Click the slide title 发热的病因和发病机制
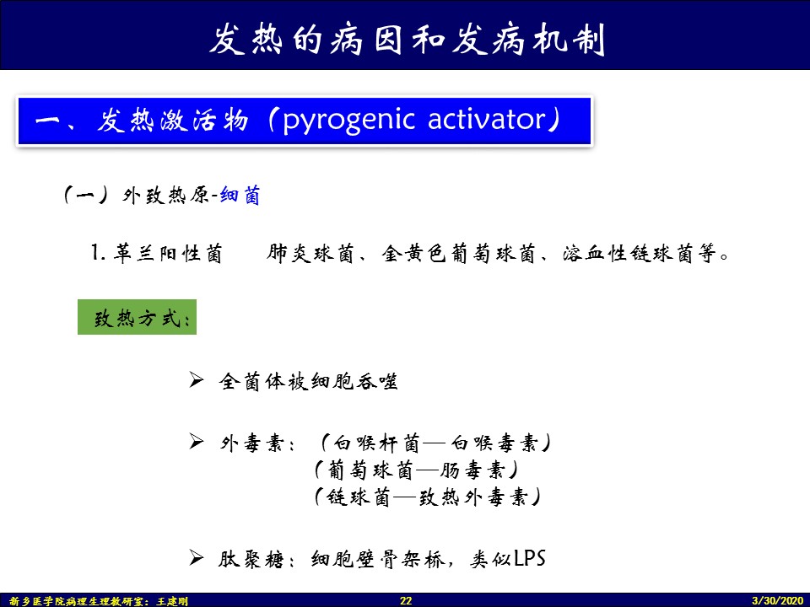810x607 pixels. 407,39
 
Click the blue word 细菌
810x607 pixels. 240,196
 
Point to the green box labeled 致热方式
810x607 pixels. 137,317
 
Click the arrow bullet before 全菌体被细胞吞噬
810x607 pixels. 197,380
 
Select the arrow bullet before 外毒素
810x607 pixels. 197,441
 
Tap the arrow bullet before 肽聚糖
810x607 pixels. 197,557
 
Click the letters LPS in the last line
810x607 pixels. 530,558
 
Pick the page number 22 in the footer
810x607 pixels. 406,600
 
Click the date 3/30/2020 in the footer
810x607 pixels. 778,600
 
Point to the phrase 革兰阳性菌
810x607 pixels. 169,254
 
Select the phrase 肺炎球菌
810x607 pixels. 310,253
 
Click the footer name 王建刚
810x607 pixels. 172,601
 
